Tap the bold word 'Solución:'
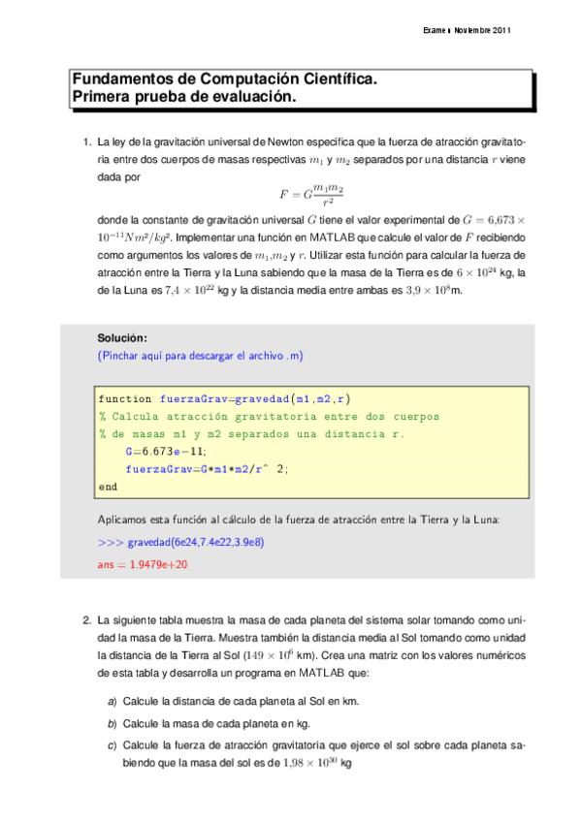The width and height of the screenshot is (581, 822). coord(122,338)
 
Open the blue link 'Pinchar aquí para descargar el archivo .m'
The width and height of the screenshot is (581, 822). coord(201,356)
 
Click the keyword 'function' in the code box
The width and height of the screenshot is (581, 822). coord(124,398)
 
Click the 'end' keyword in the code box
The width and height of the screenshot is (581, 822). coord(108,486)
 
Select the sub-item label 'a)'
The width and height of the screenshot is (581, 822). coord(113,701)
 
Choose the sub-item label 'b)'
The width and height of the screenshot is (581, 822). coord(113,723)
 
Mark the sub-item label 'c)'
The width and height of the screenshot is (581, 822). coord(113,744)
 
